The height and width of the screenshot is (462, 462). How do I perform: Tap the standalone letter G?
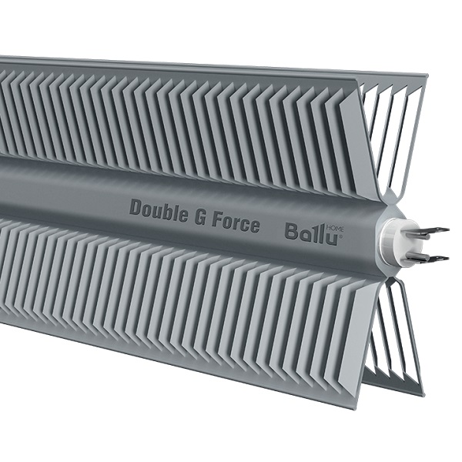pyautogui.click(x=199, y=217)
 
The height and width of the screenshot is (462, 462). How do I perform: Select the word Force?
pyautogui.click(x=236, y=223)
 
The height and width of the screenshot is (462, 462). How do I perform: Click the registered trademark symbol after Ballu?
pyautogui.click(x=341, y=236)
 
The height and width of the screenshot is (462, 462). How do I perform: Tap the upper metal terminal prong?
pyautogui.click(x=434, y=231)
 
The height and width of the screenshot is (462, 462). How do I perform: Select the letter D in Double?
pyautogui.click(x=136, y=207)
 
